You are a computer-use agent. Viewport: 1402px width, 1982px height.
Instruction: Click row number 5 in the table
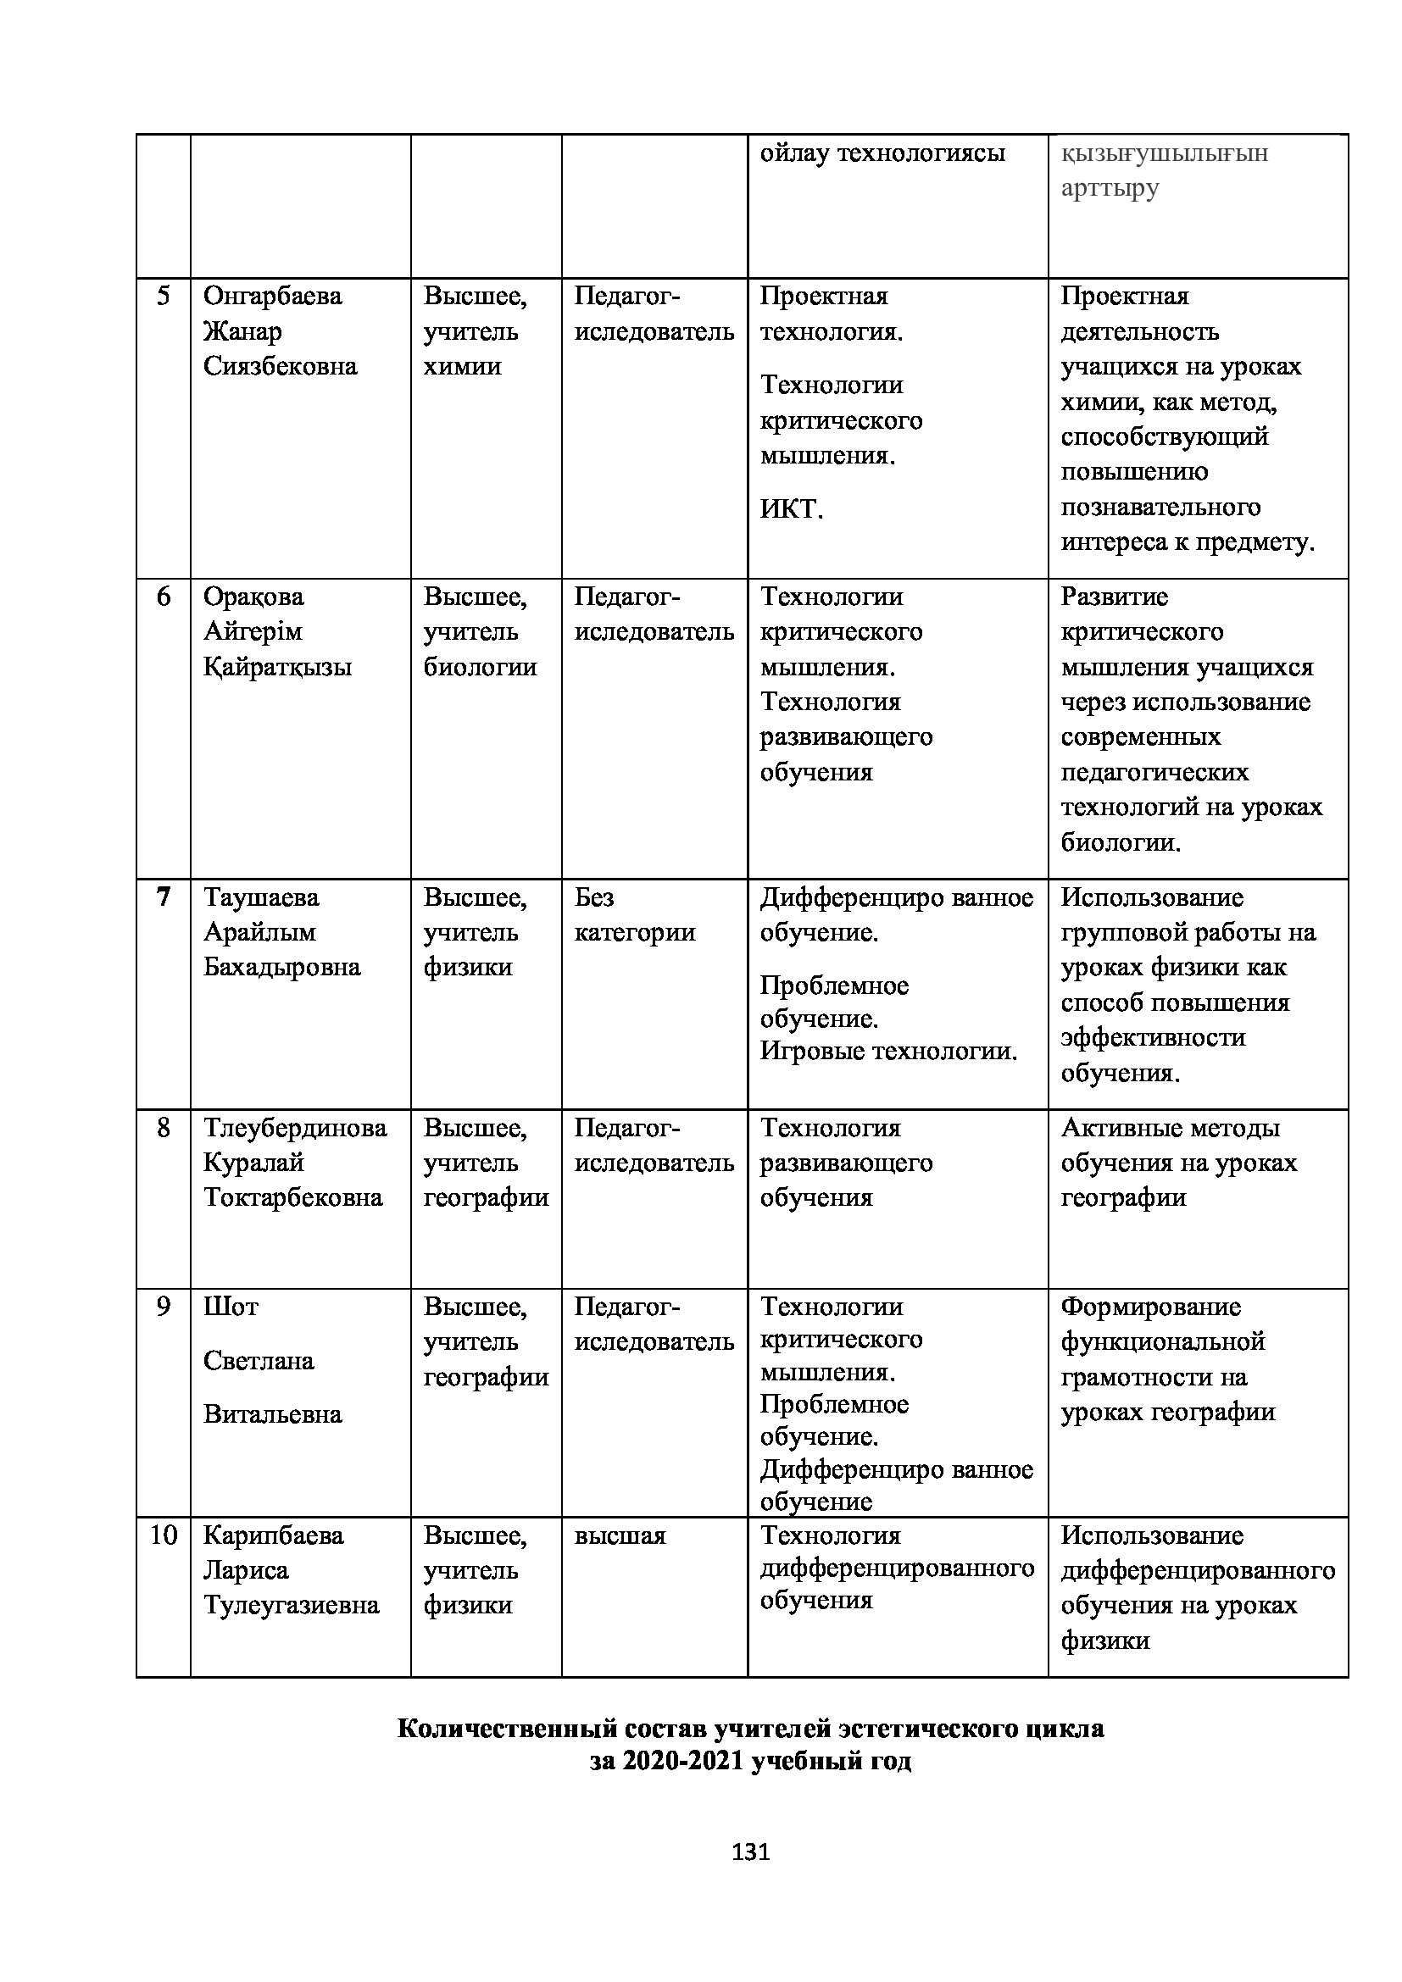pyautogui.click(x=163, y=297)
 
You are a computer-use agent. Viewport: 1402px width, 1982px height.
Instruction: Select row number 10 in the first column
pyautogui.click(x=163, y=1535)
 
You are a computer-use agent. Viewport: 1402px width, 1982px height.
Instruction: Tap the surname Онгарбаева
pyautogui.click(x=272, y=297)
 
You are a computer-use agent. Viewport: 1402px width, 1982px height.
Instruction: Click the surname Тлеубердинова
pyautogui.click(x=294, y=1128)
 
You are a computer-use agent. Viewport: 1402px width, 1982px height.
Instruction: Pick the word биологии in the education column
pyautogui.click(x=480, y=666)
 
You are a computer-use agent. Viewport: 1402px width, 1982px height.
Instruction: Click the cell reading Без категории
pyautogui.click(x=635, y=915)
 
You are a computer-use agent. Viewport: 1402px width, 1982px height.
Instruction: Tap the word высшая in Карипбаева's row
pyautogui.click(x=620, y=1535)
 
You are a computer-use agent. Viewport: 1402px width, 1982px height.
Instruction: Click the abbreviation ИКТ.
pyautogui.click(x=791, y=509)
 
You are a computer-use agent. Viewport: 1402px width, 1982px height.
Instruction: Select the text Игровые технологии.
pyautogui.click(x=888, y=1052)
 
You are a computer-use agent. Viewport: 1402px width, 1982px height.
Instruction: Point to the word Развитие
pyautogui.click(x=1114, y=597)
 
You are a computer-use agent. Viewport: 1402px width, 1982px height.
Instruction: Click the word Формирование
pyautogui.click(x=1150, y=1307)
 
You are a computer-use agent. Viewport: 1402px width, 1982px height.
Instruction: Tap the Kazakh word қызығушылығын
pyautogui.click(x=1164, y=153)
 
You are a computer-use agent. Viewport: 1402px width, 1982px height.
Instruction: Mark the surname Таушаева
pyautogui.click(x=261, y=897)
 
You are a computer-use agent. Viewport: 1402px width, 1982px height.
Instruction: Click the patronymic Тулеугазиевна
pyautogui.click(x=291, y=1605)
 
